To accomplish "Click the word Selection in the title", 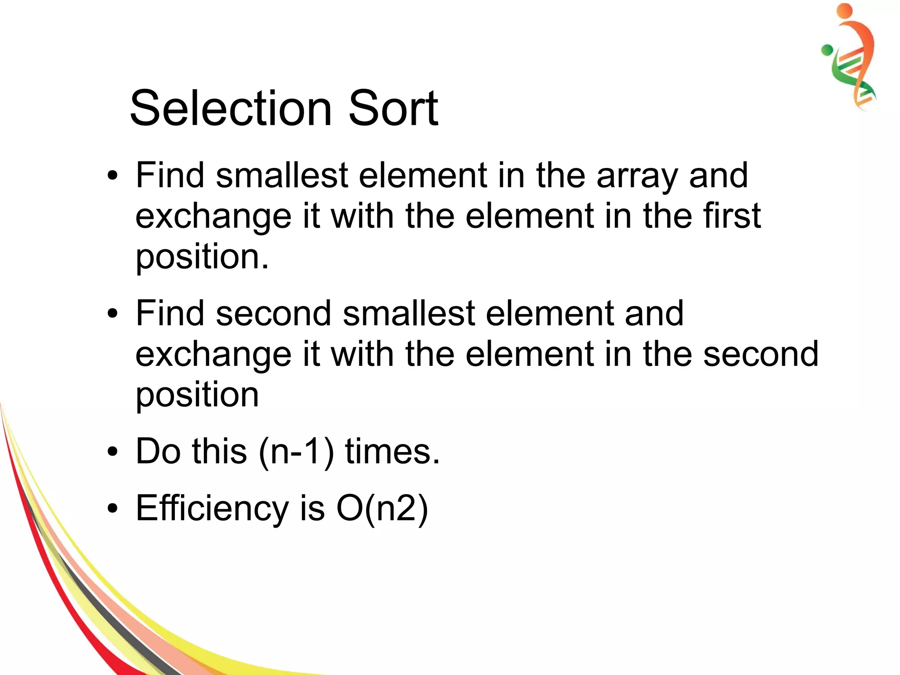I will [231, 108].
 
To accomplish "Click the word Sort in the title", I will [393, 108].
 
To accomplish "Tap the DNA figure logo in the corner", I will [850, 57].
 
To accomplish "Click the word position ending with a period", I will [202, 257].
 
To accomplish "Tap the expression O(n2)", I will [382, 508].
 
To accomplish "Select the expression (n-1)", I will [297, 452].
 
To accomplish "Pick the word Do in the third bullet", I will [158, 452].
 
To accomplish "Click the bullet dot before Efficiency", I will [113, 509].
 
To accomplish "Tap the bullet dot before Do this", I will [113, 452].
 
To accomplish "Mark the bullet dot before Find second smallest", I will [113, 314].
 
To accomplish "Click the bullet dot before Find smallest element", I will [113, 176].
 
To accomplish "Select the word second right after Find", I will [273, 314].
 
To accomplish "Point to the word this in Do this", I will [219, 452].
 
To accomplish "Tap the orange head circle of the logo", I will [845, 11].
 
